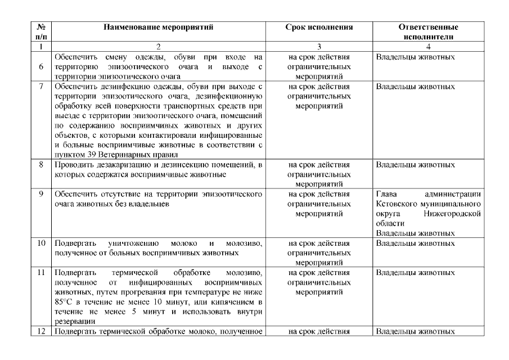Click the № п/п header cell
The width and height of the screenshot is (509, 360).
click(x=40, y=31)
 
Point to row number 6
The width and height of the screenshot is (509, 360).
click(x=40, y=67)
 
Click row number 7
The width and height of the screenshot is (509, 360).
click(x=40, y=87)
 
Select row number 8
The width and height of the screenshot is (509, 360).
click(x=40, y=165)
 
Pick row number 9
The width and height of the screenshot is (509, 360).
click(x=40, y=194)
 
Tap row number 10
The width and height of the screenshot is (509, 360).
click(x=40, y=243)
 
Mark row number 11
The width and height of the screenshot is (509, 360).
click(x=40, y=272)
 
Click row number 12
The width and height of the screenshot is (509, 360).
click(x=40, y=331)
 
